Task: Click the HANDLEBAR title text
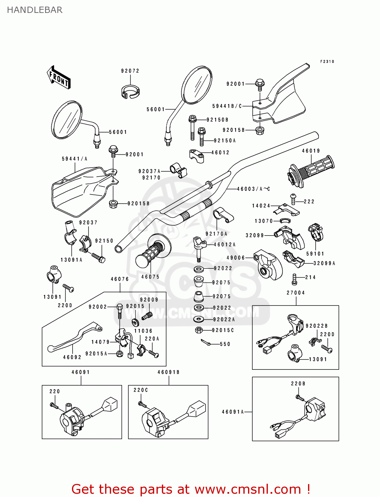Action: [x=34, y=10]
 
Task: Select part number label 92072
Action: [x=130, y=71]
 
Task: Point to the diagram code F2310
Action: [x=327, y=62]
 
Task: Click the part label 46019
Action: [x=311, y=151]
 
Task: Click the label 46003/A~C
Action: [x=253, y=189]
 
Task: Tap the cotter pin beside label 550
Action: [x=206, y=342]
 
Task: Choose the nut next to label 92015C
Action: [x=199, y=330]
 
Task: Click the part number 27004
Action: [x=295, y=293]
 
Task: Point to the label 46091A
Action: [x=233, y=412]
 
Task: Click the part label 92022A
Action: [x=224, y=319]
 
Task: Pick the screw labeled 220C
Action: [x=142, y=404]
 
